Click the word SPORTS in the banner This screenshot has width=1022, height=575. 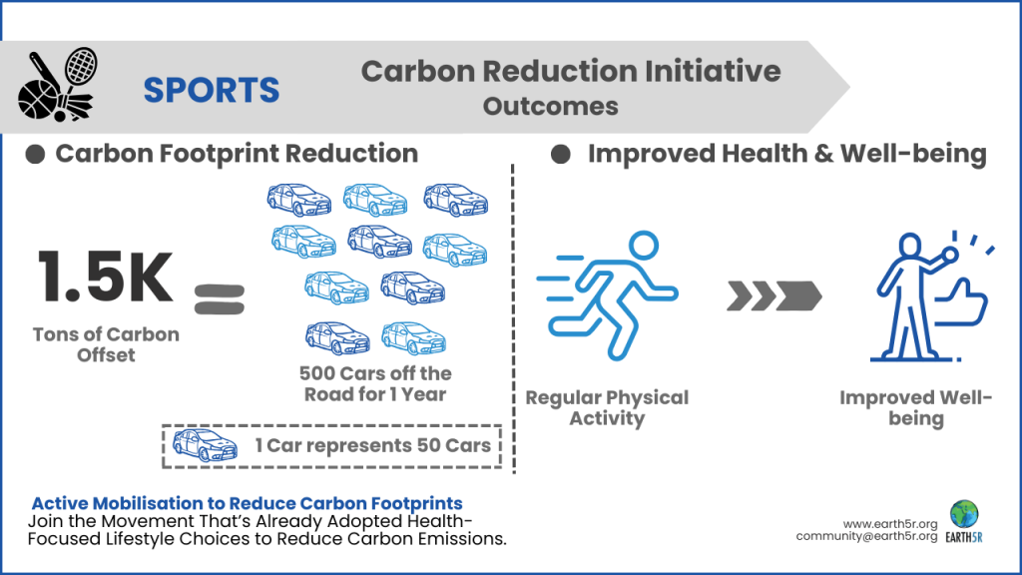[x=211, y=90]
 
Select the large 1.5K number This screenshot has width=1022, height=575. [x=106, y=280]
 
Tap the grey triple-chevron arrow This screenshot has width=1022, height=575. [x=773, y=295]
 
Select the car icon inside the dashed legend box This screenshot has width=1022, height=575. [x=205, y=444]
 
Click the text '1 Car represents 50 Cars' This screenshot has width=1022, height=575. [x=372, y=445]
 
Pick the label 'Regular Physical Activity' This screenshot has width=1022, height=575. [x=607, y=407]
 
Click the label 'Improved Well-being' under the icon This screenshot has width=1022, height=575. [x=915, y=407]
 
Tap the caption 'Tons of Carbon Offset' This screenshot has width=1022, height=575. [x=106, y=343]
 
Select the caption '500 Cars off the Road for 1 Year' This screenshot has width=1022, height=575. [x=375, y=383]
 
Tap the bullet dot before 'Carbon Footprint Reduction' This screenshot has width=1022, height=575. [x=35, y=154]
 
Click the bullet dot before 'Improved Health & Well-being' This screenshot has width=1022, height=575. [x=561, y=154]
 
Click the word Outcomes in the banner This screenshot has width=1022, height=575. [x=550, y=106]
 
